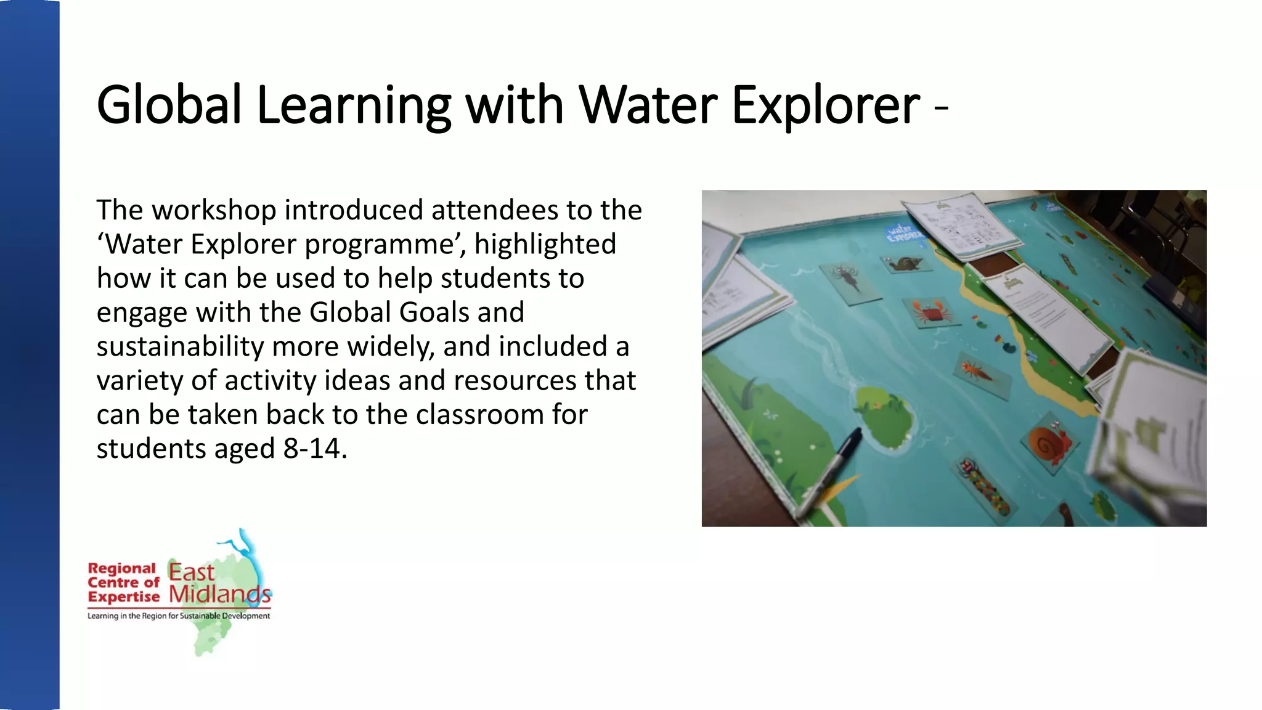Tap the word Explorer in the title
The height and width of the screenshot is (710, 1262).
click(826, 106)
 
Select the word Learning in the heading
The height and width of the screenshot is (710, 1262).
click(354, 106)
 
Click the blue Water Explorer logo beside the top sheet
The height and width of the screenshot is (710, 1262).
click(903, 234)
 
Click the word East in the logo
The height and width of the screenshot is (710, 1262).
click(191, 572)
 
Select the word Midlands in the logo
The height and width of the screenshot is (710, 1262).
click(219, 594)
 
